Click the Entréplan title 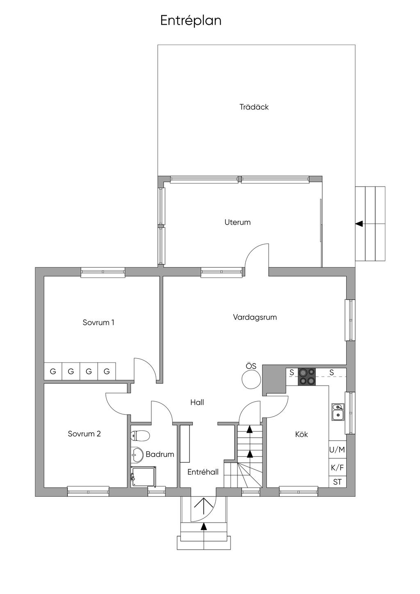point(191,21)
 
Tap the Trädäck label point(254,107)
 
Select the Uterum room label point(237,222)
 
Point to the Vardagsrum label point(255,317)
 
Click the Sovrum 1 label point(98,322)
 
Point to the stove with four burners point(307,377)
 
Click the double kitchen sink point(338,412)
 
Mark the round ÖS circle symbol point(251,379)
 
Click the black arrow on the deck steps point(359,224)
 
